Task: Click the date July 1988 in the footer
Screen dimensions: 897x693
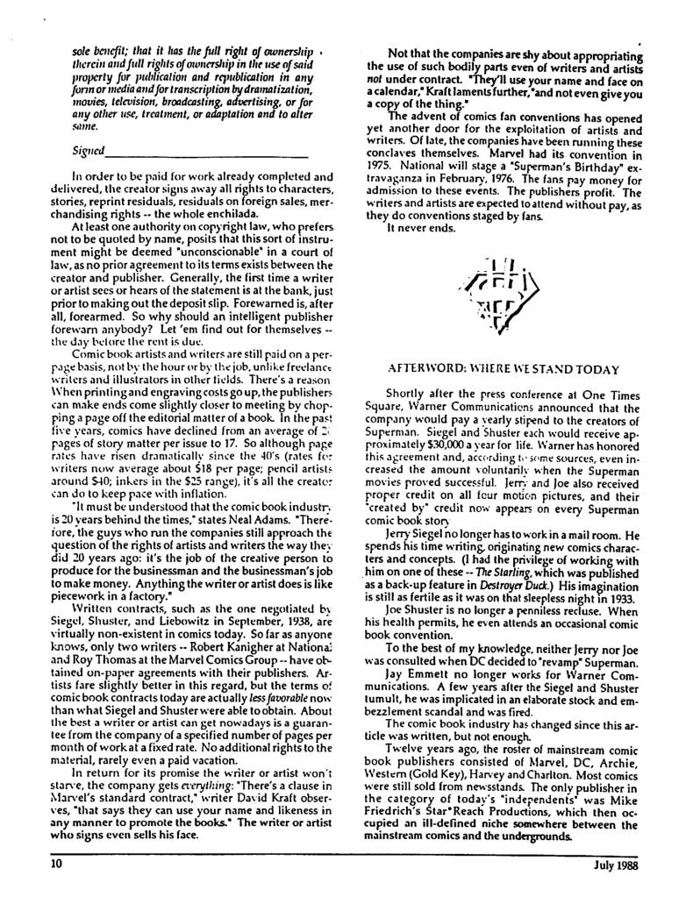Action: click(611, 863)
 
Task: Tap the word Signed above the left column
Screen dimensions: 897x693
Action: click(89, 151)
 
